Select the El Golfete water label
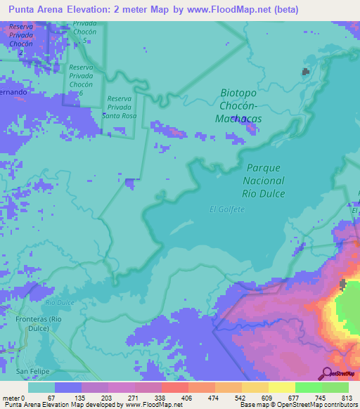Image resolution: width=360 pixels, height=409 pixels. tap(224, 208)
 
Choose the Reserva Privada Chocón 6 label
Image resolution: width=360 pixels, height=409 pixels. tap(85, 80)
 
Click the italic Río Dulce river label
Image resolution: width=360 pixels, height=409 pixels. tap(59, 301)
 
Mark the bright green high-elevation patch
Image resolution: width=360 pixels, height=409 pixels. tap(349, 309)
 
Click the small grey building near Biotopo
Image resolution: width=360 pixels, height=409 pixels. tap(305, 72)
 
